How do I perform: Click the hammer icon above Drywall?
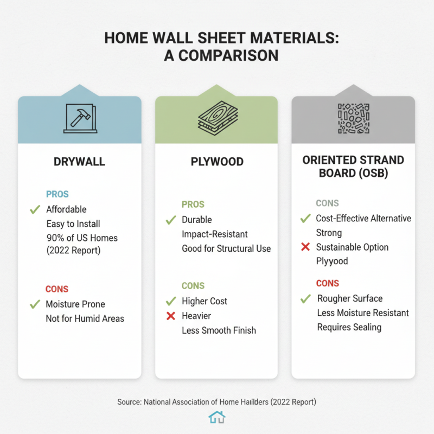[79, 118]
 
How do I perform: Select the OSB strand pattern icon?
[353, 118]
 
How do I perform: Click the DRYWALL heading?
[79, 161]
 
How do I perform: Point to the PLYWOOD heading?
[216, 161]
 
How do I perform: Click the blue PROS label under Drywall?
[58, 194]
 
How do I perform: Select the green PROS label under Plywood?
[193, 205]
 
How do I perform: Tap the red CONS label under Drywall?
[58, 289]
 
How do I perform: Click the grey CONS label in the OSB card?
[327, 203]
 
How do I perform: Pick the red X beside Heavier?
[170, 316]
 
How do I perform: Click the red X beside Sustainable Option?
[305, 247]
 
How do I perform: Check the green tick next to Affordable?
[35, 209]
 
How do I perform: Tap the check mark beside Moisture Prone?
[35, 304]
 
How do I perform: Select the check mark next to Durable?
[170, 220]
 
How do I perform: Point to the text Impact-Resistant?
[215, 234]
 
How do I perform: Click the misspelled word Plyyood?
[333, 261]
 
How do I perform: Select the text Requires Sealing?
[349, 327]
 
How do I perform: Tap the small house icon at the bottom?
[216, 417]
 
